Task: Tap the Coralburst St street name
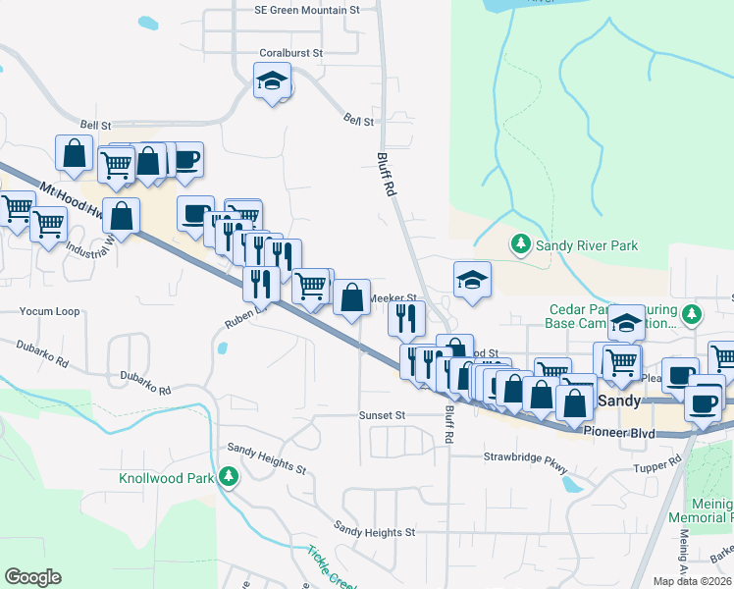(291, 53)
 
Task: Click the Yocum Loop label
(49, 311)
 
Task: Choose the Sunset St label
(382, 415)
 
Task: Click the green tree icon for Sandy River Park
(519, 242)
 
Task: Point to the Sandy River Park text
(586, 243)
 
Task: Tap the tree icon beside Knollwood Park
(229, 478)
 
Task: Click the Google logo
(32, 577)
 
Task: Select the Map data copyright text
(692, 581)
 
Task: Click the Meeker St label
(393, 297)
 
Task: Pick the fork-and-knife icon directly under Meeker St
(405, 317)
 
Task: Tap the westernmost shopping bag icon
(75, 153)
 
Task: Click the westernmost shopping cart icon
(16, 208)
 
